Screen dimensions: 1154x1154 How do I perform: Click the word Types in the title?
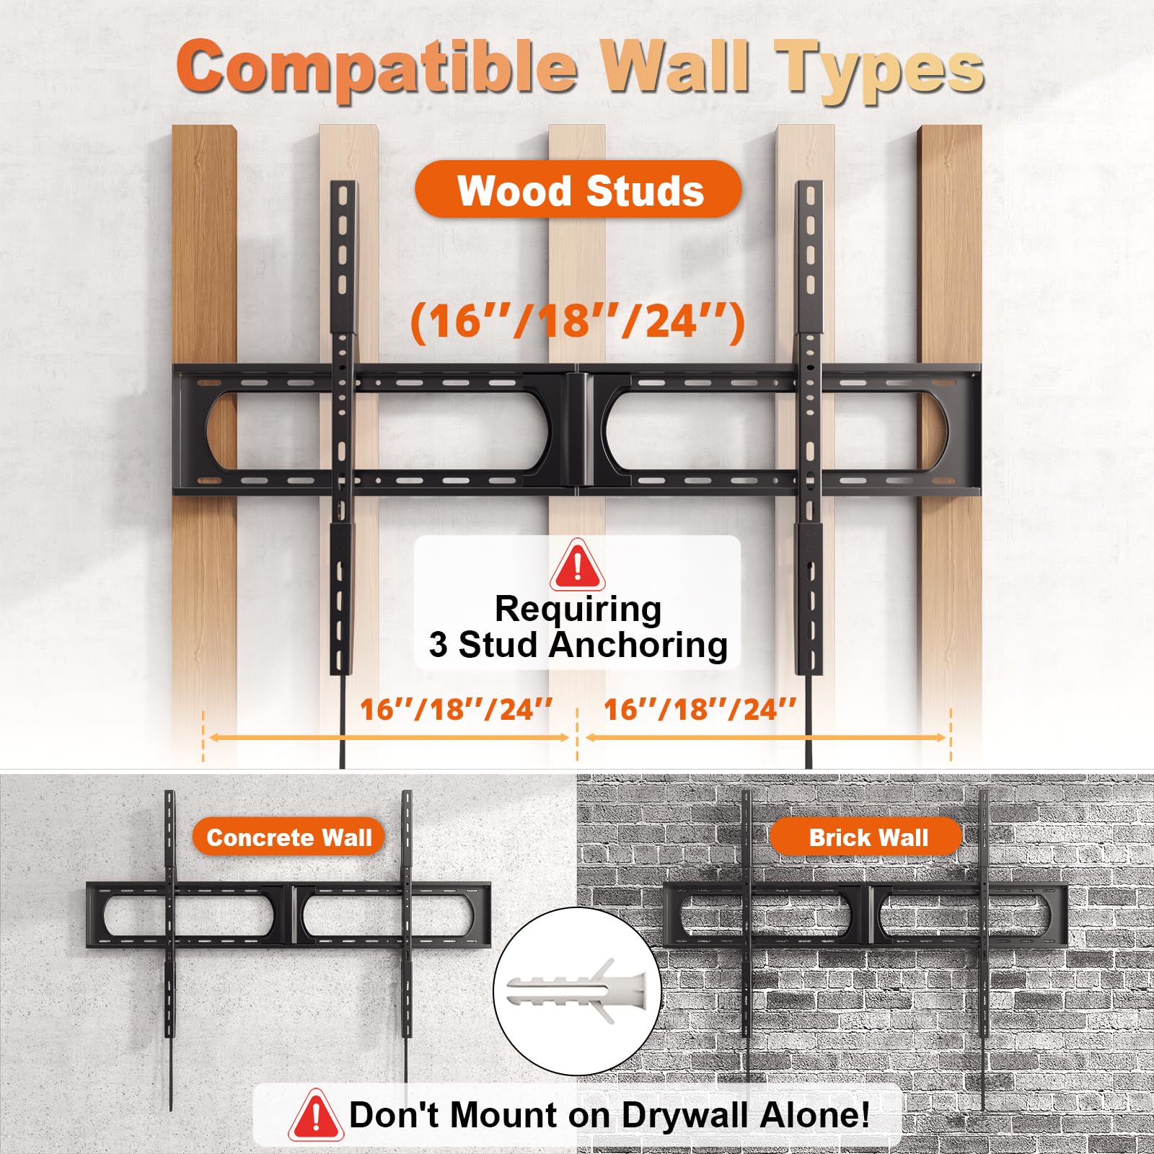880,71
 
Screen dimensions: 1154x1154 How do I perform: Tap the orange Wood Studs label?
578,190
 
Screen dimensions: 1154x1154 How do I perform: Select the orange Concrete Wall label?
288,837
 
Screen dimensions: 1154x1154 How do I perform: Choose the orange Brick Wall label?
867,837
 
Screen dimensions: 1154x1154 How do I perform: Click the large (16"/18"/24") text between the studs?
578,322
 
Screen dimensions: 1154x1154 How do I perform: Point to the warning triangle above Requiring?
577,565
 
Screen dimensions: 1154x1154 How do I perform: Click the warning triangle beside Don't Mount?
315,1115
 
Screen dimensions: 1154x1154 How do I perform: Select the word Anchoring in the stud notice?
638,645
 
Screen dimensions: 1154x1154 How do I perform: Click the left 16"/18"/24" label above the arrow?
456,710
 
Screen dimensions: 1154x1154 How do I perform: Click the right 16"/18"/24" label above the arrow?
700,710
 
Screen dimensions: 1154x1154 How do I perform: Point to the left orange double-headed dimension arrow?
389,737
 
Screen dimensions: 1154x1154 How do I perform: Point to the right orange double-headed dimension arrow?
765,737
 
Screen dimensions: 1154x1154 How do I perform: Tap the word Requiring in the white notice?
578,610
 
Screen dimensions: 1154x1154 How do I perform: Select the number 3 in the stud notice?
438,645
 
